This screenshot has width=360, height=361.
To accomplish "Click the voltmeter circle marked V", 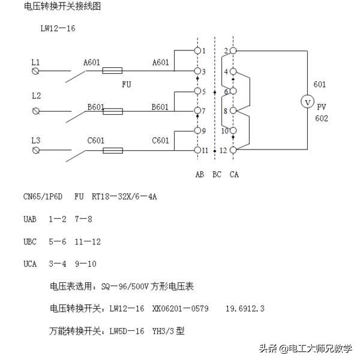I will [x=307, y=102].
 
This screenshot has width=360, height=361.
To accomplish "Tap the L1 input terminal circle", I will [x=35, y=71].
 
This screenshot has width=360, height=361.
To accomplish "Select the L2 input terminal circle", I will [x=35, y=111].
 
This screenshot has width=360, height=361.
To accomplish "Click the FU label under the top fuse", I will [x=127, y=85].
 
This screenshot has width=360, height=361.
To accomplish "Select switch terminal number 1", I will [x=197, y=52].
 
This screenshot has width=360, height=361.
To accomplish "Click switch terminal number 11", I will [x=197, y=150].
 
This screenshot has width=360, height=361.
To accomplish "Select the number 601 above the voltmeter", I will [x=320, y=85].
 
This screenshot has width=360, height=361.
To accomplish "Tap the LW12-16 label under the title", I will [x=58, y=28].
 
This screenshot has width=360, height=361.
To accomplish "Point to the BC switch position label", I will [x=217, y=175].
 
